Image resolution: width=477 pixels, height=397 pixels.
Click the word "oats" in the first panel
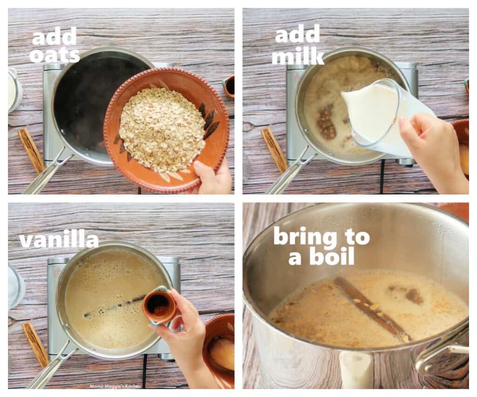pos(55,54)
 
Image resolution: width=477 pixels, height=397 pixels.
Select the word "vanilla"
pos(59,241)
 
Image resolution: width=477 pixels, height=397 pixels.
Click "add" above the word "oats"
pos(54,36)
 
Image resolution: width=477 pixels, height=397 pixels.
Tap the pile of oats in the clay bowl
pos(161,128)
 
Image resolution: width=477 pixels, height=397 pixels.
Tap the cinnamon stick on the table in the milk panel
pos(274,149)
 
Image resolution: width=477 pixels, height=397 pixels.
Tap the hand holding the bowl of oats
pos(212,177)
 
